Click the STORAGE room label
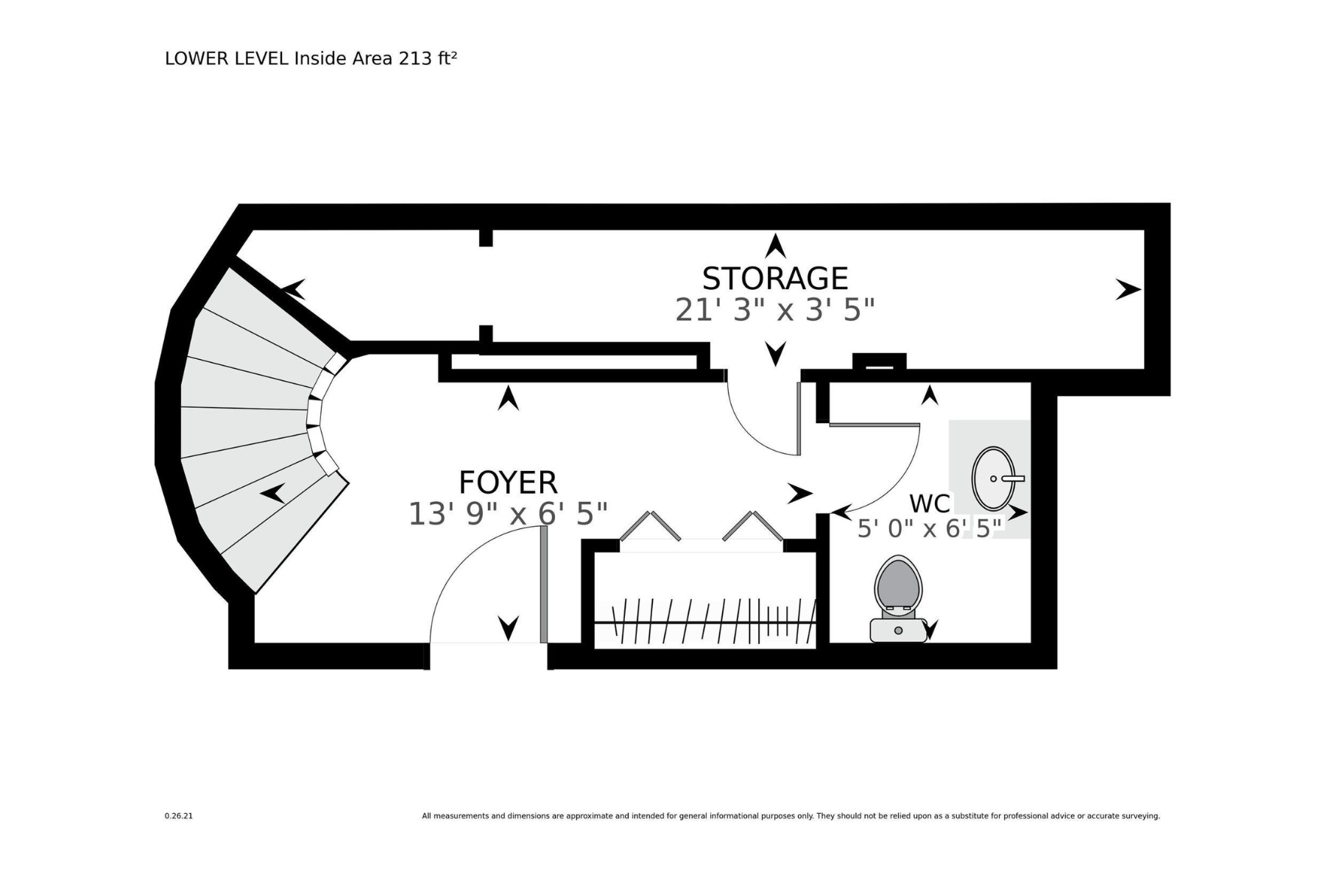coord(774,279)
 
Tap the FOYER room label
coord(508,483)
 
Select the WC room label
coord(930,504)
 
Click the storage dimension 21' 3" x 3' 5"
coord(774,311)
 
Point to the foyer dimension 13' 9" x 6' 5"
coord(508,514)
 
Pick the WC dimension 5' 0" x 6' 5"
coord(930,528)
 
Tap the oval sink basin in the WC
coord(993,478)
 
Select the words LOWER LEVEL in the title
coord(226,59)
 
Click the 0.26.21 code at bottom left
coord(178,815)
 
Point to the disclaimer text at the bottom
coord(791,815)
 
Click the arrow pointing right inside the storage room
coord(1127,290)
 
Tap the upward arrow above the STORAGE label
coord(775,247)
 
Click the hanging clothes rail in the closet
coord(705,623)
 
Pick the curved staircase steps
coord(243,427)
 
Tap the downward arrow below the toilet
coord(930,629)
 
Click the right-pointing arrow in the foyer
coord(799,494)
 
